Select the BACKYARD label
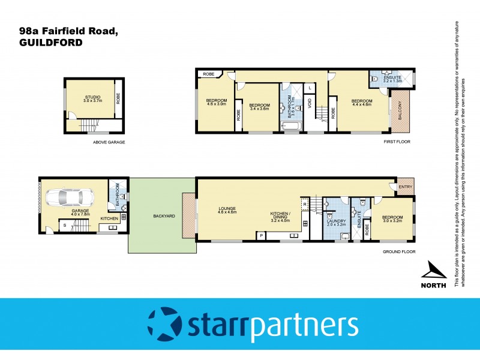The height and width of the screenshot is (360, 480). tap(163, 216)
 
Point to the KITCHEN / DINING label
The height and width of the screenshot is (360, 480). tap(281, 217)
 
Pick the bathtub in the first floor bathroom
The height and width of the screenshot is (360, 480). tap(292, 126)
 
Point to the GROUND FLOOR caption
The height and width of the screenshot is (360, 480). tap(398, 252)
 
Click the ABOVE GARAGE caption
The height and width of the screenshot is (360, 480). tap(109, 142)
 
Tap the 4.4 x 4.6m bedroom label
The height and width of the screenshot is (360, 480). tap(362, 103)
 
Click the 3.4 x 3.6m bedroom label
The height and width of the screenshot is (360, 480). tap(260, 107)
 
